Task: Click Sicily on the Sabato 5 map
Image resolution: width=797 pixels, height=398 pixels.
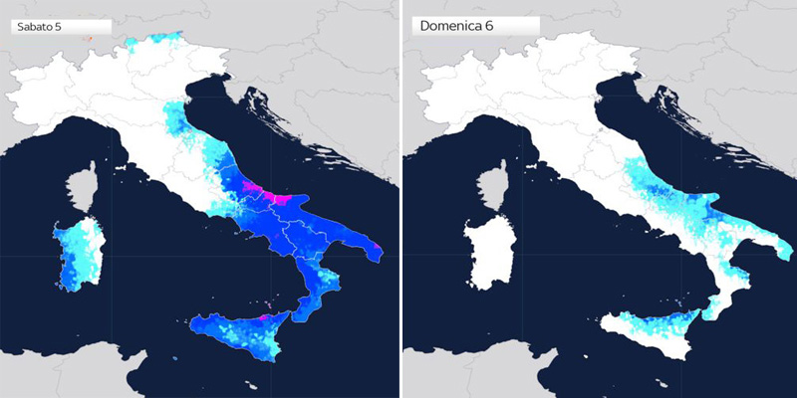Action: [x=245, y=334]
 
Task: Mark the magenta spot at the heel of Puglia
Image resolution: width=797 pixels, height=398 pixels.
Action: [x=377, y=246]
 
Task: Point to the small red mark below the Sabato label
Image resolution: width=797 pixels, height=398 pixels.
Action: [x=88, y=39]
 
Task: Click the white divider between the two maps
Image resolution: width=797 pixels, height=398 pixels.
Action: [x=400, y=199]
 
